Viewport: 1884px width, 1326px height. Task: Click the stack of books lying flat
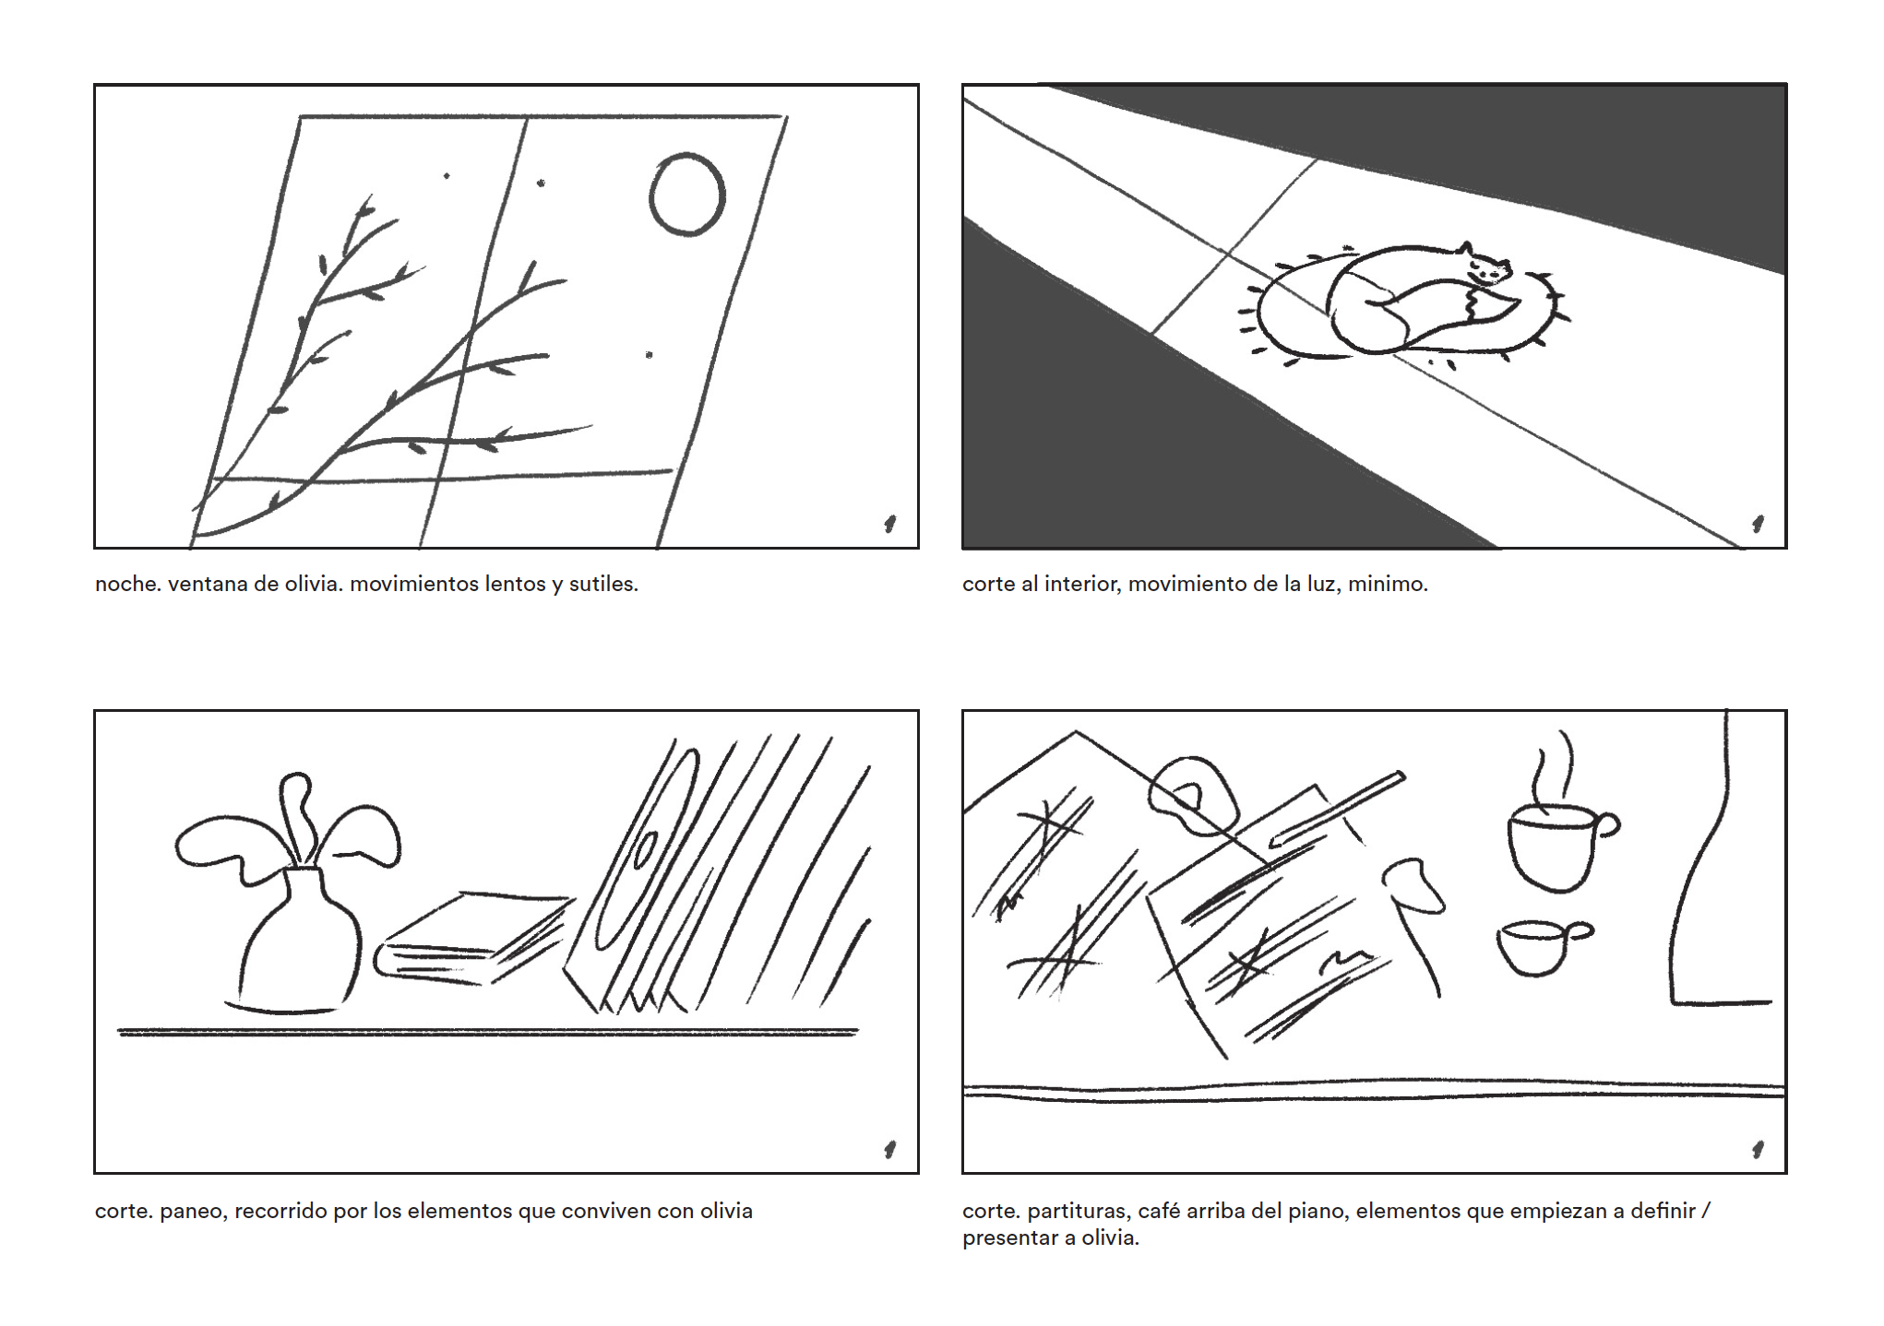click(x=472, y=938)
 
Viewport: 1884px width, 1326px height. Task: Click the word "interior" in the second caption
click(x=1079, y=584)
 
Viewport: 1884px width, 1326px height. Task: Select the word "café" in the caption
click(x=1161, y=1211)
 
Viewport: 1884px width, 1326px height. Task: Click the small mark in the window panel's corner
click(x=889, y=524)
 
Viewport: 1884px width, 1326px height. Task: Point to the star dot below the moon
click(x=649, y=354)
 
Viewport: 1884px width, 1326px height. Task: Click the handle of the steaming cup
click(x=1608, y=825)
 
